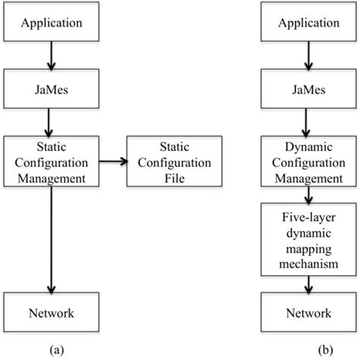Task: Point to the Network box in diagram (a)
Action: [52, 312]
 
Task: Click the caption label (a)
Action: [52, 350]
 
